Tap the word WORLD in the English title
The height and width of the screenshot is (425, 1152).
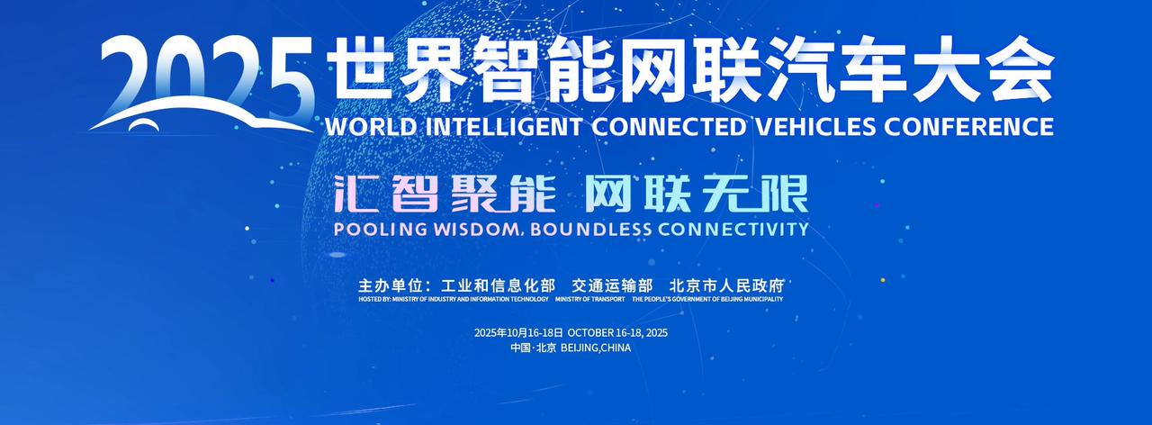(x=371, y=127)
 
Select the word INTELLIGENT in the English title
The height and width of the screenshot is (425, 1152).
(x=504, y=127)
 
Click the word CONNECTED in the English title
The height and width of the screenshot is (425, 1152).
(x=668, y=127)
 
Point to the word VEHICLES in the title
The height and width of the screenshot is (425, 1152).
(x=814, y=127)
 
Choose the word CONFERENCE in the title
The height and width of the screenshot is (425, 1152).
(x=968, y=127)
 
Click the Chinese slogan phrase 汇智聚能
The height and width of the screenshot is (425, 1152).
(x=445, y=194)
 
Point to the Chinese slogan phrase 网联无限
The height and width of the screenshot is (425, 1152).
(x=697, y=194)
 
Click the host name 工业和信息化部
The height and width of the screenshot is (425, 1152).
(x=498, y=285)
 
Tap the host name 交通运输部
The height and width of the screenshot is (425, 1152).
(x=612, y=285)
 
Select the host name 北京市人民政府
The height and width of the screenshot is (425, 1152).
(x=726, y=285)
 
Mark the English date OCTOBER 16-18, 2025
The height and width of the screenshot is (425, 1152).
(x=617, y=333)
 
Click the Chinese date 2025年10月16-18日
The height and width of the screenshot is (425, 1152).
(x=518, y=333)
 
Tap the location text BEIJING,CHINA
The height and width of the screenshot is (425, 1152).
(x=596, y=348)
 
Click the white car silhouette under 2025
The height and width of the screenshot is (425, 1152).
(x=201, y=113)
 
